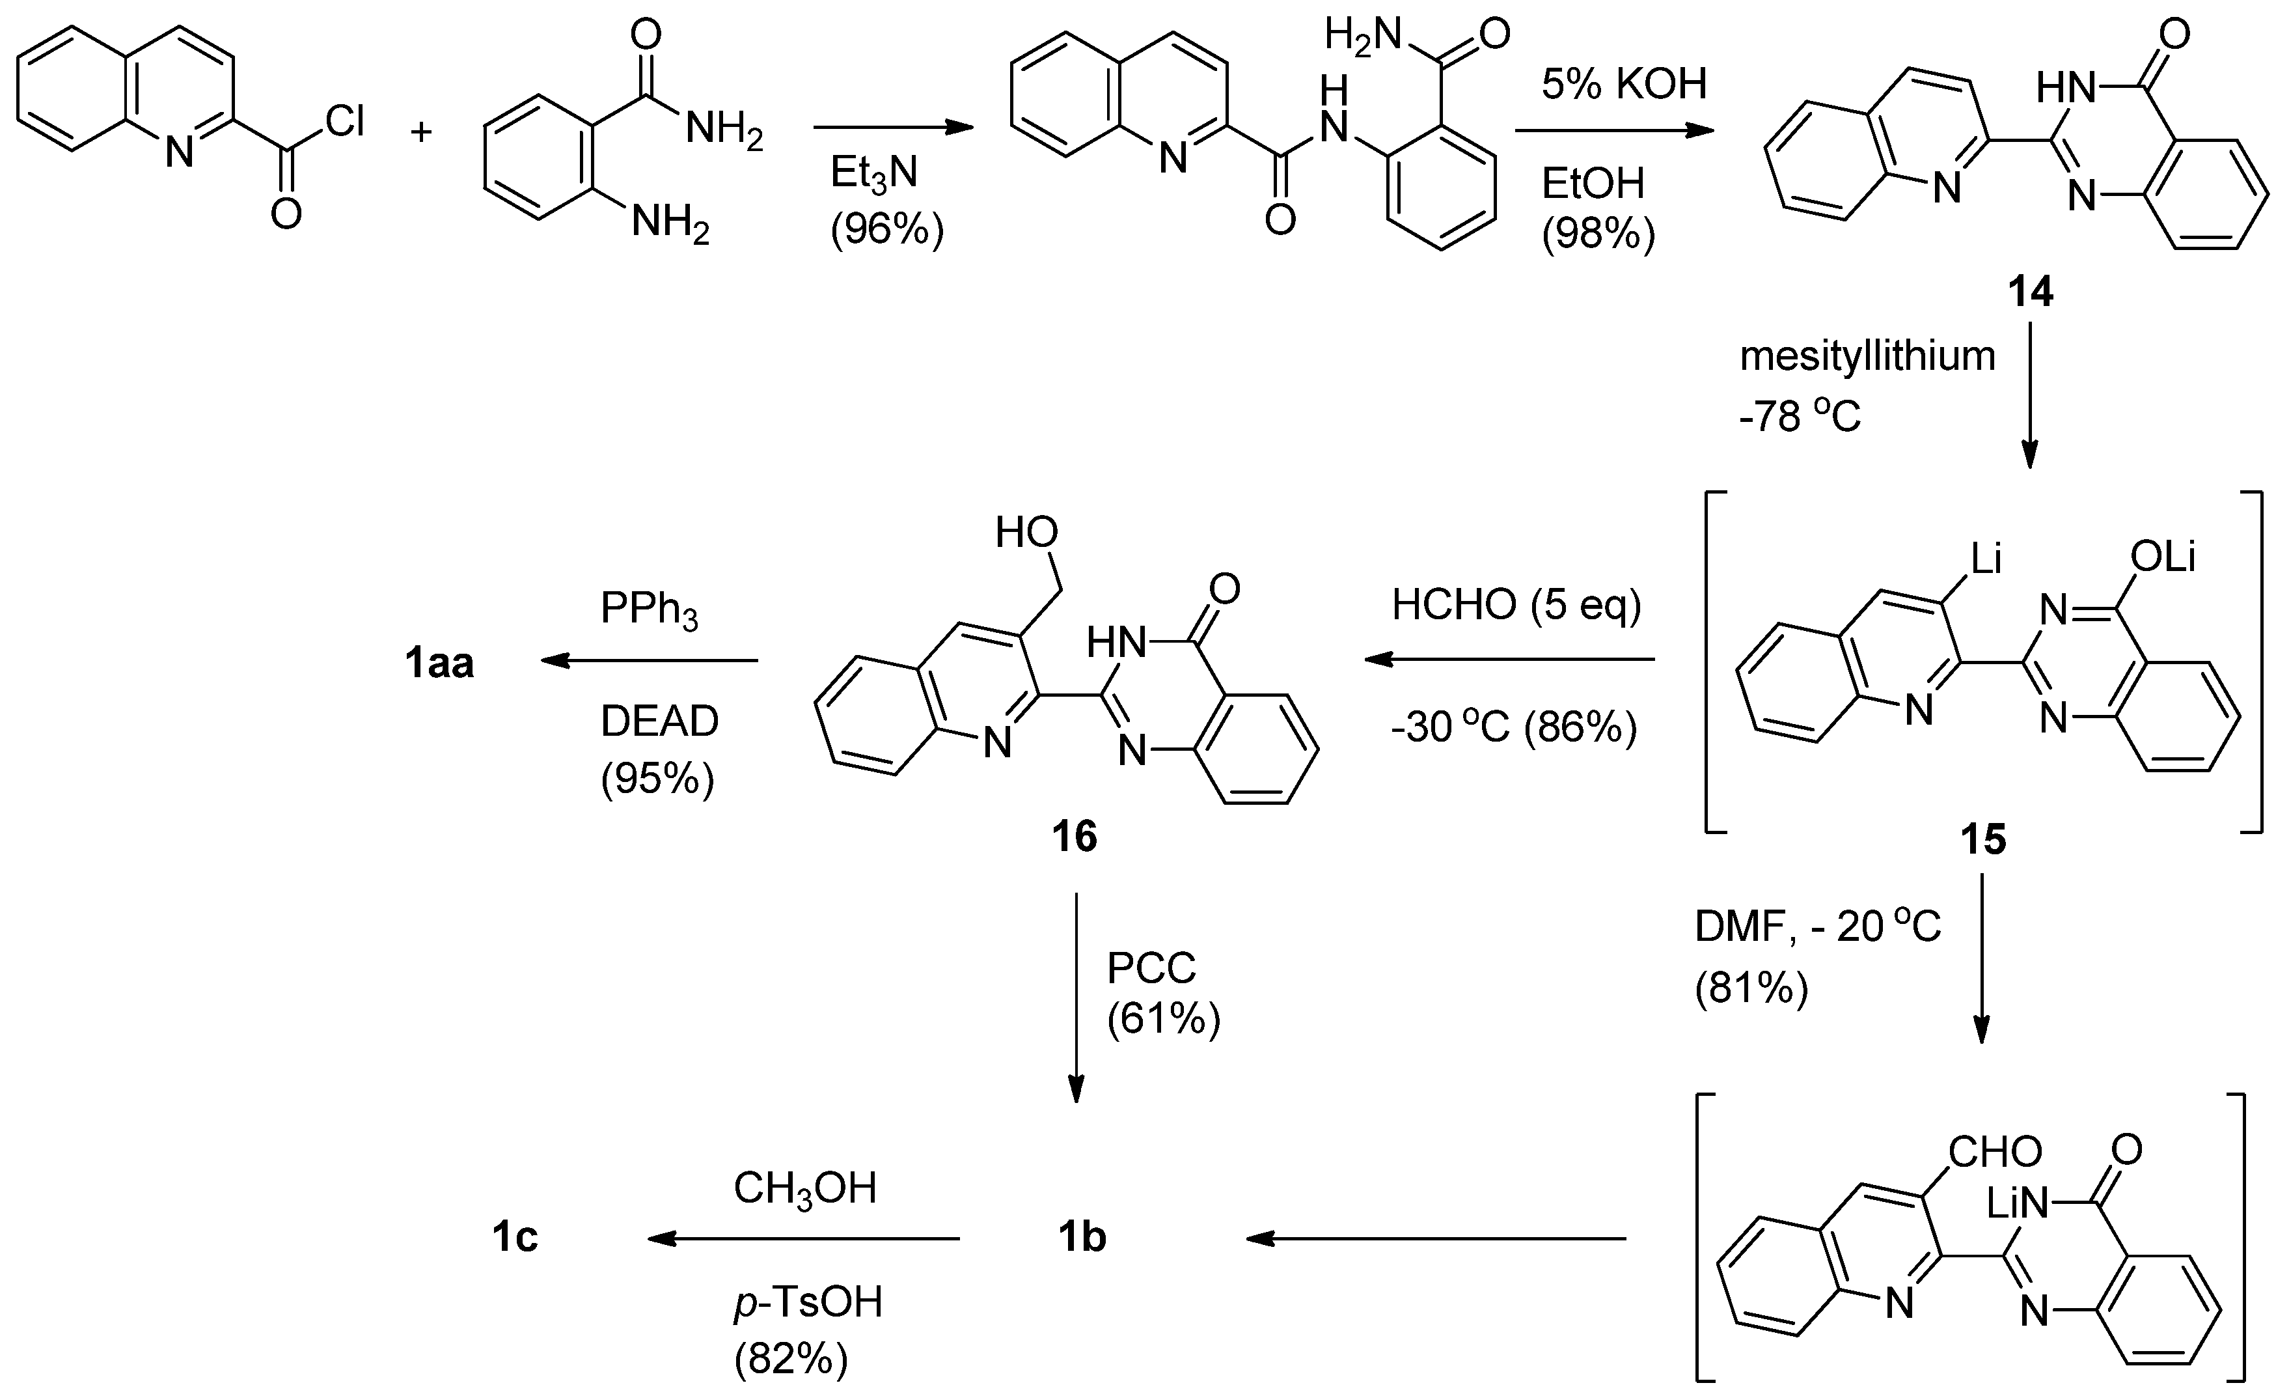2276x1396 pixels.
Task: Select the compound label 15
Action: pos(1983,840)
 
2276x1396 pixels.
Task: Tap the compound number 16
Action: pos(1075,837)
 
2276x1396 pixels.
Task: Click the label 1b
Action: pos(1082,1238)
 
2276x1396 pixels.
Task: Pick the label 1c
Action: pos(515,1238)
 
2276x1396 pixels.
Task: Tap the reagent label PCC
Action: pos(1151,968)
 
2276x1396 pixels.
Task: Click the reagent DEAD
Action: pos(659,721)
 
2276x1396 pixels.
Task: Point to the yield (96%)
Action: pos(886,230)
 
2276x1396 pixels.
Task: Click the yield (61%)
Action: pos(1163,1019)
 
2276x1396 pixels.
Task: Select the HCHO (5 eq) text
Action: pos(1516,605)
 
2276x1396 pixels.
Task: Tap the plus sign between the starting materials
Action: pos(421,132)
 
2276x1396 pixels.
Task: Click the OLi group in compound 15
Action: pos(2161,557)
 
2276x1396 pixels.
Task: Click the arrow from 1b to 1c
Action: pos(804,1239)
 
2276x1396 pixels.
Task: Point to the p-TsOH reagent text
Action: pos(808,1302)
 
